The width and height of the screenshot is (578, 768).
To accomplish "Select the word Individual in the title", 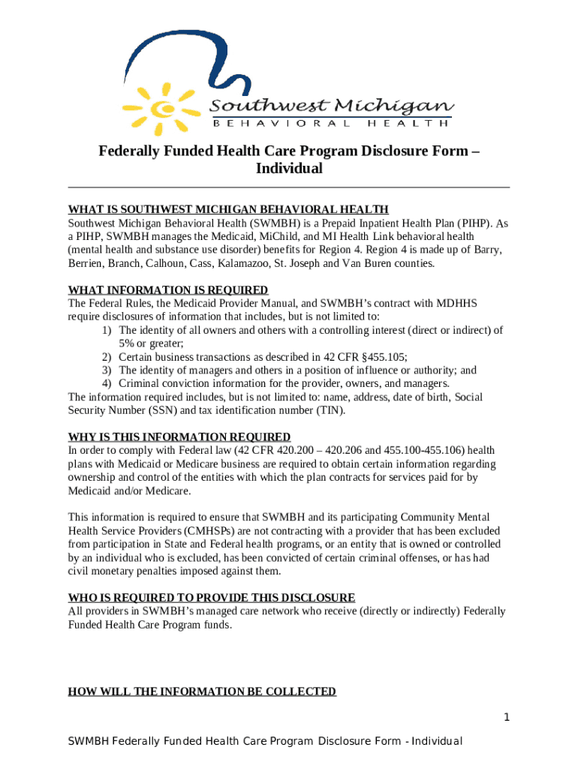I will [x=289, y=168].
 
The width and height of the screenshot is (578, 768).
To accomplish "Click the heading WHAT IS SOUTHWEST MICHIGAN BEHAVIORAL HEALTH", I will [x=228, y=209].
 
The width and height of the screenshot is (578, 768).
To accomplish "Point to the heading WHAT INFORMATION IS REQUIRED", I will [x=168, y=289].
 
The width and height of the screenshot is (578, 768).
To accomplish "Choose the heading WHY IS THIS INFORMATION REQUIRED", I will [x=179, y=436].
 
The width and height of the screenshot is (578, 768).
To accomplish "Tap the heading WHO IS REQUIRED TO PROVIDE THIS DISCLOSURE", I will [x=212, y=598].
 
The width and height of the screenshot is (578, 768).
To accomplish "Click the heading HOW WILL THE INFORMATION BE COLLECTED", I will [x=202, y=691].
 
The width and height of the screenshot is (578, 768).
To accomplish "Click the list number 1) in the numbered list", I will [x=107, y=330].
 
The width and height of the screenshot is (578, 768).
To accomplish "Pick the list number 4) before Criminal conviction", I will [x=107, y=383].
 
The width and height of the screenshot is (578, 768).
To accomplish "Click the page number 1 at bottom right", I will [x=507, y=718].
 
